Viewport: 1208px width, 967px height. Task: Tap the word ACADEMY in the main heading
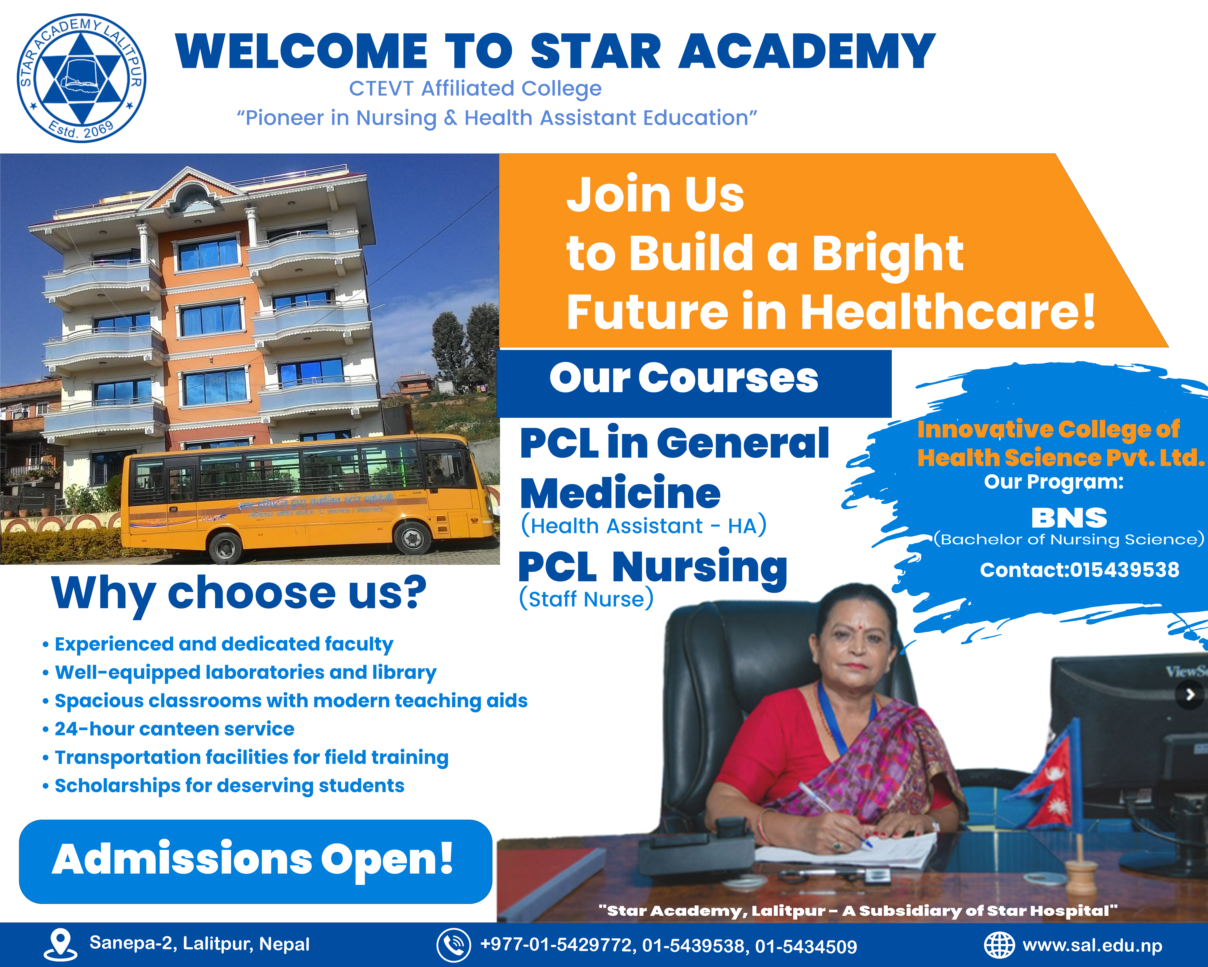[x=807, y=52]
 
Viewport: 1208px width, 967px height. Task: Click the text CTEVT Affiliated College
[x=475, y=89]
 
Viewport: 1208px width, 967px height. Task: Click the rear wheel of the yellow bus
[x=225, y=547]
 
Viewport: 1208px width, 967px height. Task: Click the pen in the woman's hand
[x=835, y=813]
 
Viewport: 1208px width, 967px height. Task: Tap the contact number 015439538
[x=1079, y=570]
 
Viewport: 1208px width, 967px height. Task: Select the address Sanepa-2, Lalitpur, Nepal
[x=200, y=944]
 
